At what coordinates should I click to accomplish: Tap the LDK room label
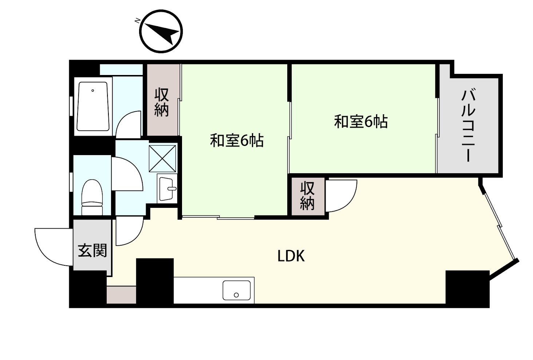coord(291,256)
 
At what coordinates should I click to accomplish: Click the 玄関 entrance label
coord(92,250)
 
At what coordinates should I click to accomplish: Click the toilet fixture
coord(92,197)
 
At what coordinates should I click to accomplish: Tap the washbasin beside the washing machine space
coord(167,188)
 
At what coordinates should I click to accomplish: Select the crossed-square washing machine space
coord(162,158)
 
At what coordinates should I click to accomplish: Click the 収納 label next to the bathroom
coord(162,102)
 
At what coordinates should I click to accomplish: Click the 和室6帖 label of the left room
coord(237,141)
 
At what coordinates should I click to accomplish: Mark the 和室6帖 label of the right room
coord(361,122)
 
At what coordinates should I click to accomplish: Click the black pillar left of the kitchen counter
coord(155,281)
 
